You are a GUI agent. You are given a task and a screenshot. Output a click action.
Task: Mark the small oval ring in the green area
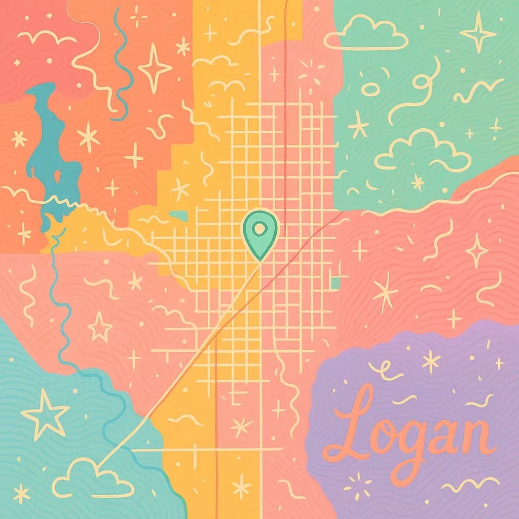pyautogui.click(x=369, y=90)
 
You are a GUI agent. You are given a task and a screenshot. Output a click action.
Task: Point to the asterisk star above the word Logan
pyautogui.click(x=431, y=361)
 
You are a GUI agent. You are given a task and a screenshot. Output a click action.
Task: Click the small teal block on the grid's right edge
pyautogui.click(x=335, y=282)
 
